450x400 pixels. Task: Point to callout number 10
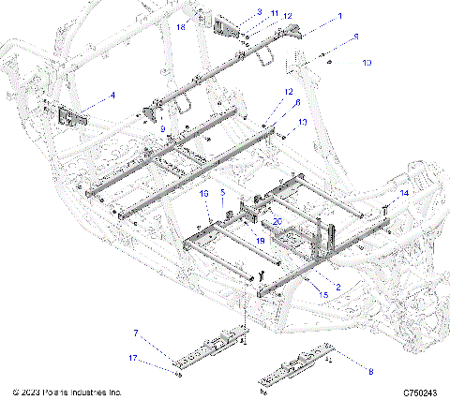pyautogui.click(x=367, y=63)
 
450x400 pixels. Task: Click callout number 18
pyautogui.click(x=182, y=28)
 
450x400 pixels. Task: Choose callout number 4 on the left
pyautogui.click(x=112, y=95)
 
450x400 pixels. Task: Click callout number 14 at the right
pyautogui.click(x=405, y=192)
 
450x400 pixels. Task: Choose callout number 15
pyautogui.click(x=324, y=293)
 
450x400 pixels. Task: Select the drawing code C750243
pyautogui.click(x=422, y=392)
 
